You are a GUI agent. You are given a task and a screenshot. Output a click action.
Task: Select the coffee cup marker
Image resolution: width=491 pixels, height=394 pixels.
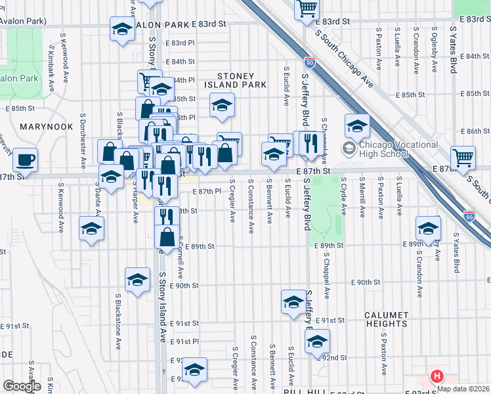click(x=26, y=160)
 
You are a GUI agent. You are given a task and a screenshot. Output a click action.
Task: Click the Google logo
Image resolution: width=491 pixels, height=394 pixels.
click(x=22, y=386)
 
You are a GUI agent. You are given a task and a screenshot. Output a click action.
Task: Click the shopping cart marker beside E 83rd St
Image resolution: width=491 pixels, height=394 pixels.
click(x=307, y=9)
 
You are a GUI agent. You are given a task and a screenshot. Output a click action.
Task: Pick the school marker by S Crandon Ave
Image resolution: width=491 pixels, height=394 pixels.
click(x=428, y=230)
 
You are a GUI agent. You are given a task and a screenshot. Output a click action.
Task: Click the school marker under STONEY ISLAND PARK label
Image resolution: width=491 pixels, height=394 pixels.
click(x=222, y=104)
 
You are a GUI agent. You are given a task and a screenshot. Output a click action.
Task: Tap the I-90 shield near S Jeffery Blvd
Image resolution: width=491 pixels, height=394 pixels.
click(x=310, y=63)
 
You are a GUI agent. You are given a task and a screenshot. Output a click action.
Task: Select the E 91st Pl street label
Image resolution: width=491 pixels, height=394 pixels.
click(x=184, y=341)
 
